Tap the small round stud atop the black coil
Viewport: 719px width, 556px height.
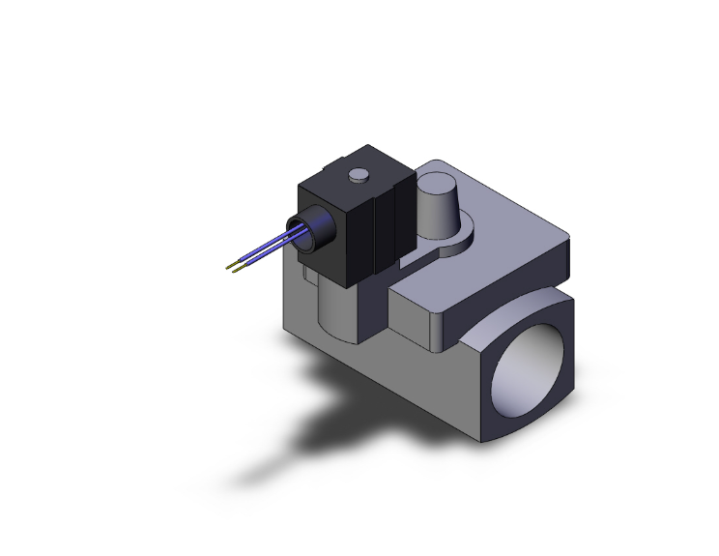coord(358,175)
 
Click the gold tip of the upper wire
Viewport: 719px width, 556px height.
coord(229,264)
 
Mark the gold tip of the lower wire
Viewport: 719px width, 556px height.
coord(238,271)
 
